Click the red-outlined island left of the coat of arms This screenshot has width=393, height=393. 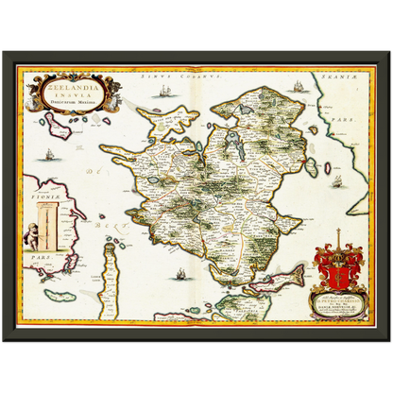[287, 277]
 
